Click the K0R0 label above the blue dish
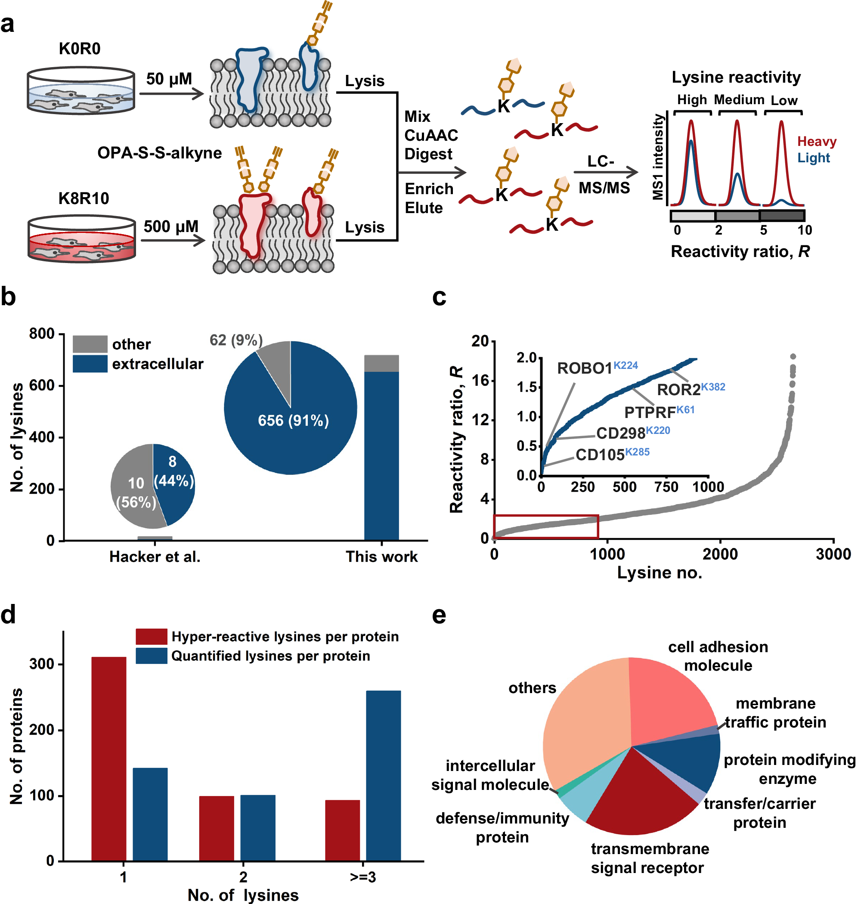pyautogui.click(x=79, y=49)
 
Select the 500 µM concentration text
pyautogui.click(x=171, y=226)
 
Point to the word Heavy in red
pyautogui.click(x=816, y=141)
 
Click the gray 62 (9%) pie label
pyautogui.click(x=236, y=340)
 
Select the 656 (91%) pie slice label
pyautogui.click(x=293, y=420)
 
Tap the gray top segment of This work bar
pyautogui.click(x=381, y=363)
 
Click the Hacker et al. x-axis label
pyautogui.click(x=155, y=557)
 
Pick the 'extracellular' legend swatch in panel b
pyautogui.click(x=90, y=363)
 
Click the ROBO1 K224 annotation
pyautogui.click(x=597, y=368)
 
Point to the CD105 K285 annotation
pyautogui.click(x=612, y=454)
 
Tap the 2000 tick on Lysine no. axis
pyautogui.click(x=720, y=554)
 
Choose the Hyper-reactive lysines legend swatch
pyautogui.click(x=152, y=637)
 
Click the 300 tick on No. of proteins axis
pyautogui.click(x=42, y=664)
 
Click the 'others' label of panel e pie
pyautogui.click(x=532, y=688)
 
